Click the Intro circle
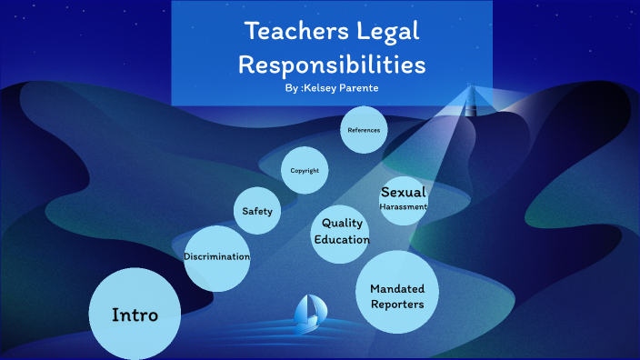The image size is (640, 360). [x=135, y=314]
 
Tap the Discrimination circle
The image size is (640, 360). [x=216, y=257]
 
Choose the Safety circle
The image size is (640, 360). [x=257, y=211]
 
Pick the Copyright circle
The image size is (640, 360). [x=305, y=170]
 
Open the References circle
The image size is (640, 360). [x=364, y=130]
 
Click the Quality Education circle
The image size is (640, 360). [x=342, y=231]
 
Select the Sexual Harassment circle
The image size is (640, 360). [x=403, y=199]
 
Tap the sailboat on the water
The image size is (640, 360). [x=308, y=311]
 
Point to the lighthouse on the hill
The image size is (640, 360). [x=471, y=94]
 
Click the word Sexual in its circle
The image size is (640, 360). [x=403, y=192]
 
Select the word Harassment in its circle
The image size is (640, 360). [x=403, y=206]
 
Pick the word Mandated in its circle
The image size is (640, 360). [x=397, y=288]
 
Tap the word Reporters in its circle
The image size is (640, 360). [x=397, y=305]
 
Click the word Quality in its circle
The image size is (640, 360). [x=343, y=223]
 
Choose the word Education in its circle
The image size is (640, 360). [x=342, y=240]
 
